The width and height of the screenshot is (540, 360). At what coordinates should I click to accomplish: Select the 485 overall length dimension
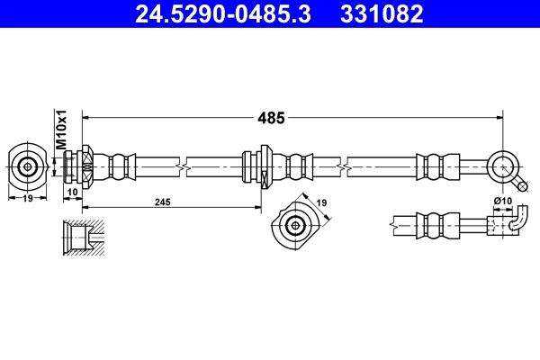[271, 117]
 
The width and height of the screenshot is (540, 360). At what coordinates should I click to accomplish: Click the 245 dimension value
[162, 203]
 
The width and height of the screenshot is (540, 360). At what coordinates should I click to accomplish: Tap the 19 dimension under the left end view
[28, 198]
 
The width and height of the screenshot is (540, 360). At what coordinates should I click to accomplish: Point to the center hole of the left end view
[29, 166]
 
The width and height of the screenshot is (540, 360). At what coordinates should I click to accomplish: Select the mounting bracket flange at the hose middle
[265, 166]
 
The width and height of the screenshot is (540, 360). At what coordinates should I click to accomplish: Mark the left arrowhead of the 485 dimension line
[87, 117]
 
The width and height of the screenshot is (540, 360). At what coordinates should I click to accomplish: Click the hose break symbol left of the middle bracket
[184, 166]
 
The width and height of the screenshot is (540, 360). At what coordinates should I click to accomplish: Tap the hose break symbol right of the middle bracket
[346, 166]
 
